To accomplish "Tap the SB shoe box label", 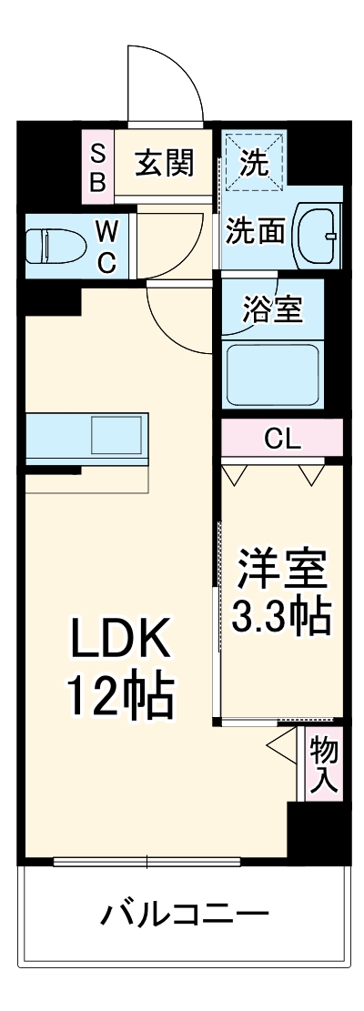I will point(97,165).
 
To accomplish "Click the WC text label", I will point(106,247).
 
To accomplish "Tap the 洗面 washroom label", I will point(256,230).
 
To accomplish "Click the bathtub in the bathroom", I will point(270,373).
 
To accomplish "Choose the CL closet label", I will point(282,439).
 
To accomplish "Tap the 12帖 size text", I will point(119,695).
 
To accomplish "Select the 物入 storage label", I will point(323,764).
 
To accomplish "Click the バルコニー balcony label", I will point(185,913).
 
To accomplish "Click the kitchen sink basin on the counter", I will point(117,436).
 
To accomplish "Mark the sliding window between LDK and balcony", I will point(147,861).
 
